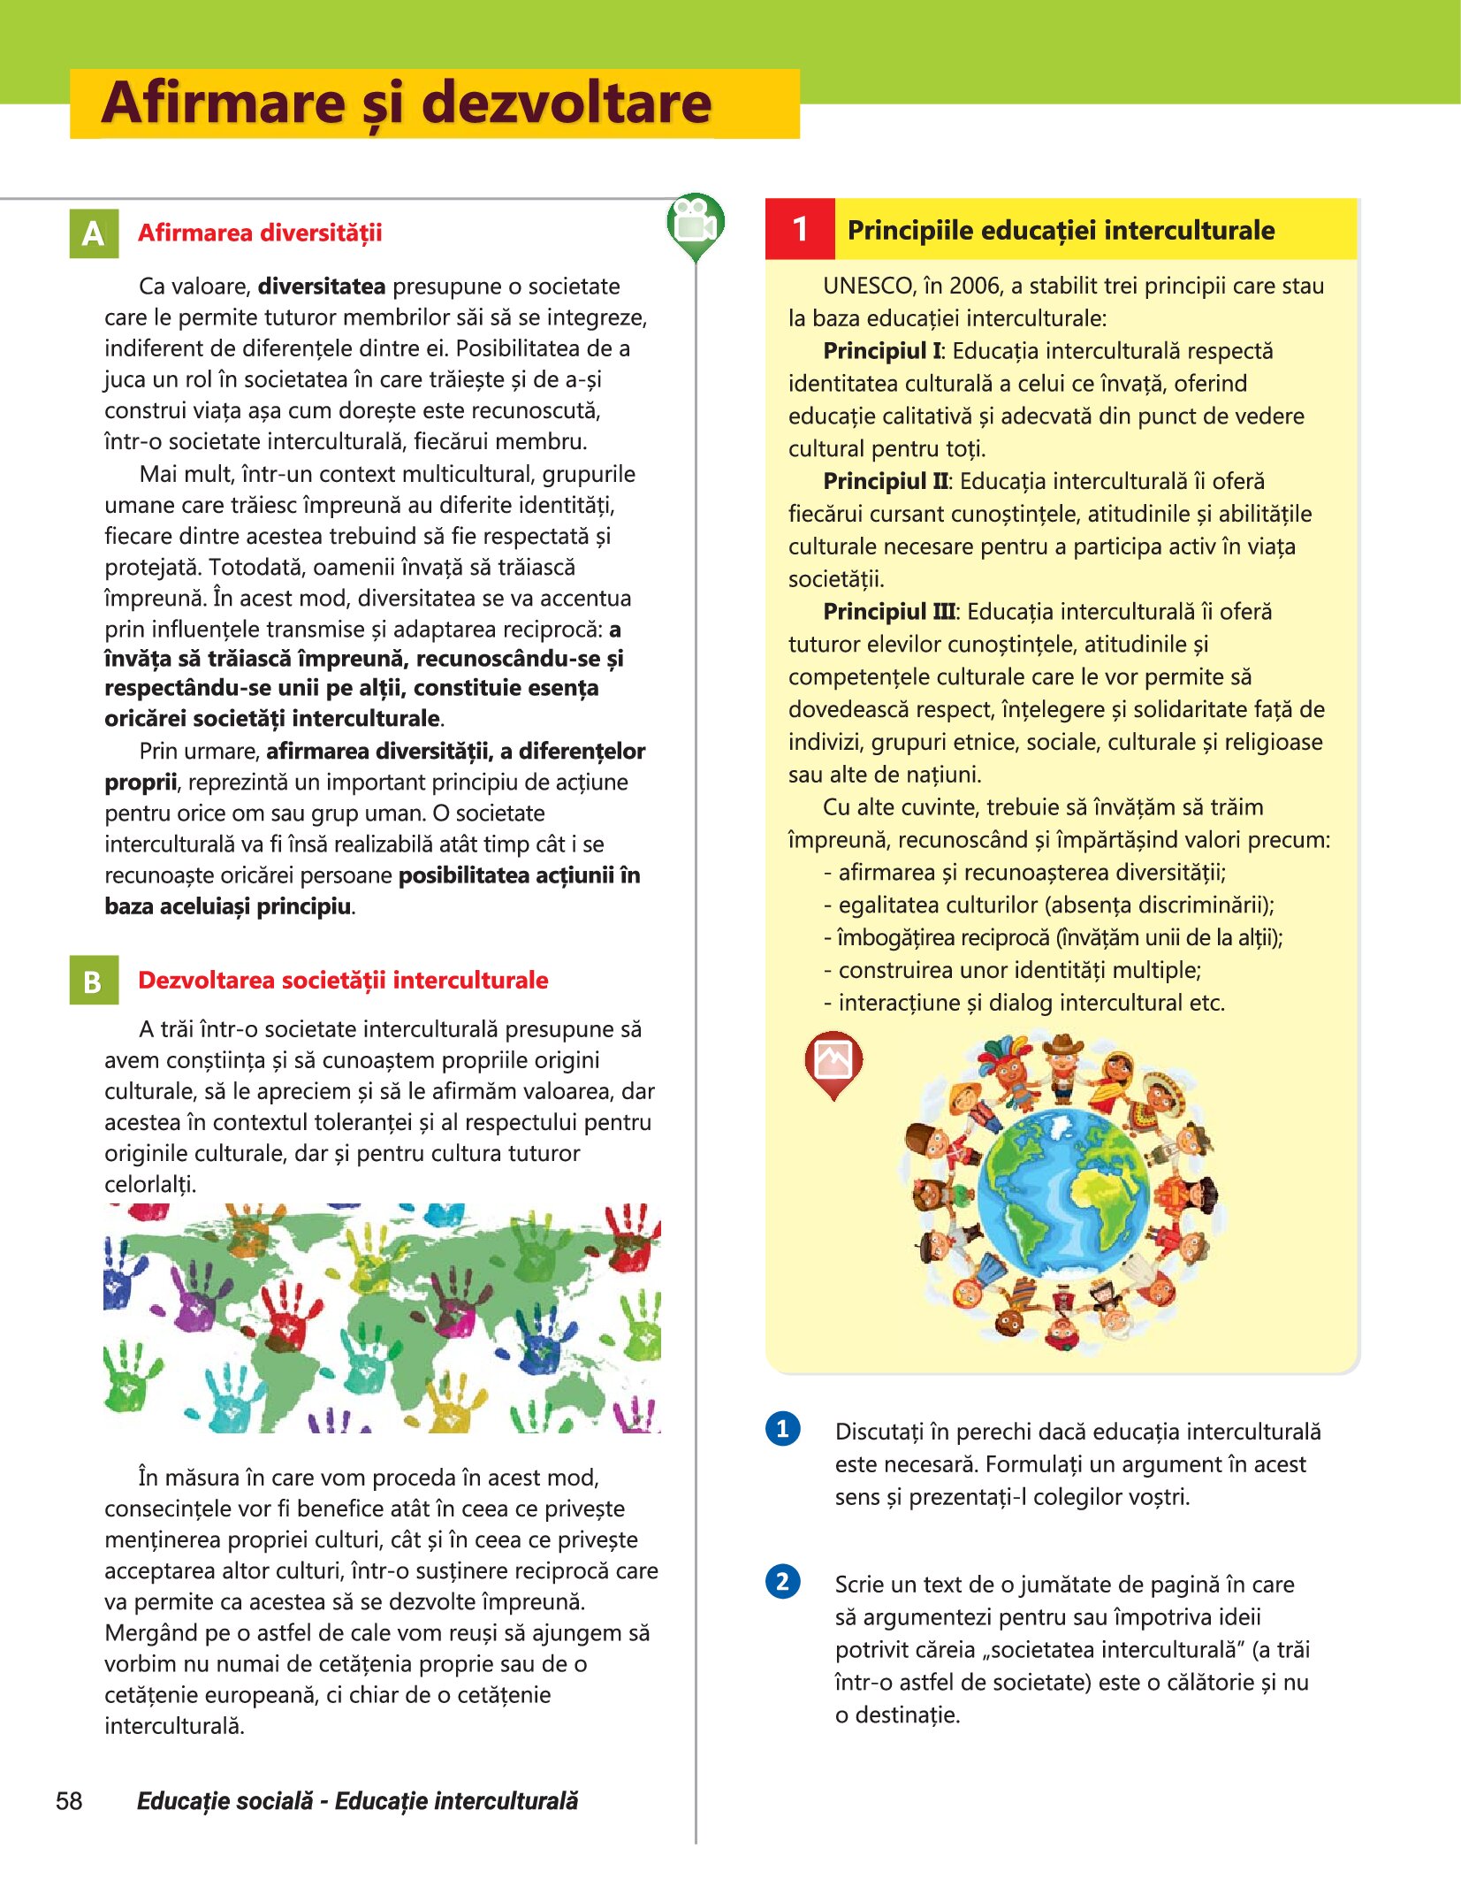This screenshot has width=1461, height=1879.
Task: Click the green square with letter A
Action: point(94,233)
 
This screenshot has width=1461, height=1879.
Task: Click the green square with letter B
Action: point(94,981)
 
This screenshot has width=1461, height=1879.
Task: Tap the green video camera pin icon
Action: point(696,225)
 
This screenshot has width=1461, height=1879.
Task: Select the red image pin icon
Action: point(833,1060)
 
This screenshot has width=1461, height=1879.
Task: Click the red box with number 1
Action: point(800,229)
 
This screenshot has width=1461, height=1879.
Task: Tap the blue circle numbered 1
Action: point(782,1428)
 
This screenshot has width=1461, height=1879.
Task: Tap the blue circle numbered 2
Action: point(782,1581)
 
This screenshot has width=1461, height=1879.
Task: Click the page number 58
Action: point(69,1801)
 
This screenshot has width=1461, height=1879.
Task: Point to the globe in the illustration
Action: point(1063,1193)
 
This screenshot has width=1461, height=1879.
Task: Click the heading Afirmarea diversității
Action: point(260,233)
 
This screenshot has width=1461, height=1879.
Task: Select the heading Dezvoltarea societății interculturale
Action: point(343,981)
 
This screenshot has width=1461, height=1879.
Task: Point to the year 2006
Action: point(973,286)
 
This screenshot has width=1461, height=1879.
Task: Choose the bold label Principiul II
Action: point(886,481)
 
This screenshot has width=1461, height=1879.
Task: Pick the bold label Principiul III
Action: point(889,611)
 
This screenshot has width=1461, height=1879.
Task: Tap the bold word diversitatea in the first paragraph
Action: point(322,286)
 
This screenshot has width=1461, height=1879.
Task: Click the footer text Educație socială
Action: point(225,1801)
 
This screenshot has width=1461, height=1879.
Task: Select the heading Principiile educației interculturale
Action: point(1061,230)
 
